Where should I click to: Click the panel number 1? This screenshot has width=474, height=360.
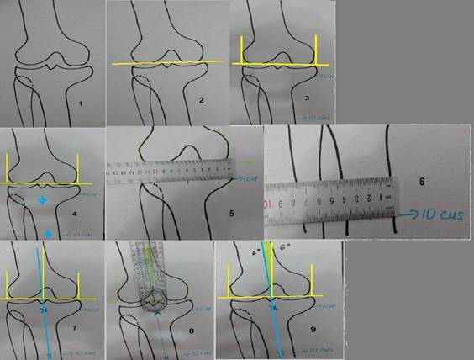[80, 103]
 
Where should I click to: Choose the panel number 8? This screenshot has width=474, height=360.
[192, 331]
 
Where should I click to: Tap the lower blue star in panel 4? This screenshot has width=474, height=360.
[48, 233]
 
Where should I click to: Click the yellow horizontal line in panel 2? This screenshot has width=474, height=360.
[168, 63]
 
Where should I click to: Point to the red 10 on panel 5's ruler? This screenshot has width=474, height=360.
[155, 172]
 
